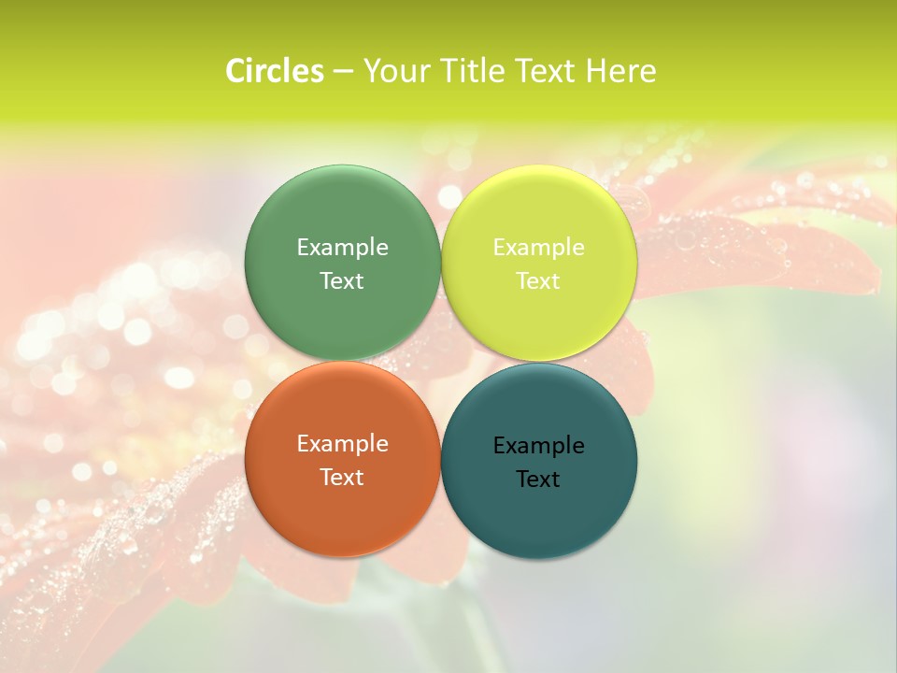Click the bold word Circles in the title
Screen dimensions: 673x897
[x=275, y=71]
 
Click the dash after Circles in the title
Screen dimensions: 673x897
[x=343, y=72]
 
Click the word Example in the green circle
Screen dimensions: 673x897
[x=342, y=247]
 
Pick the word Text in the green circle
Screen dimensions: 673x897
[x=342, y=280]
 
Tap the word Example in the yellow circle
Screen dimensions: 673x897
[x=538, y=247]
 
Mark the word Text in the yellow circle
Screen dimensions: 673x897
[x=538, y=280]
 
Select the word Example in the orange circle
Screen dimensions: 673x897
[x=342, y=443]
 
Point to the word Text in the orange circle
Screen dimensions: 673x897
[x=342, y=477]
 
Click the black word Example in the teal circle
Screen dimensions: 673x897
[x=538, y=445]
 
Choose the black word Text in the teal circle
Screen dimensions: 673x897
[x=538, y=479]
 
